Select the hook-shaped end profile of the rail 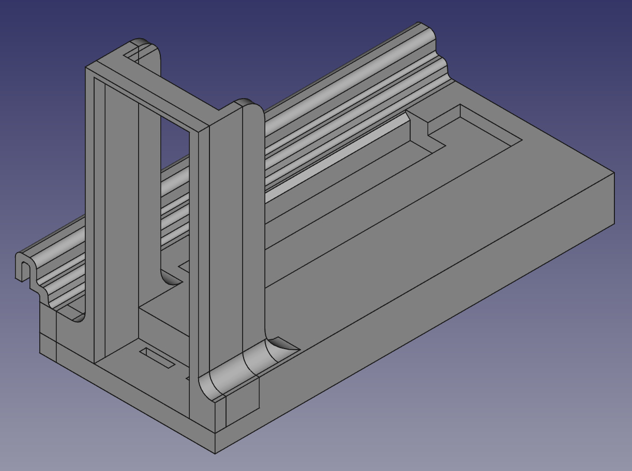coord(23,266)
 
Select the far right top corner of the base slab coord(614,173)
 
